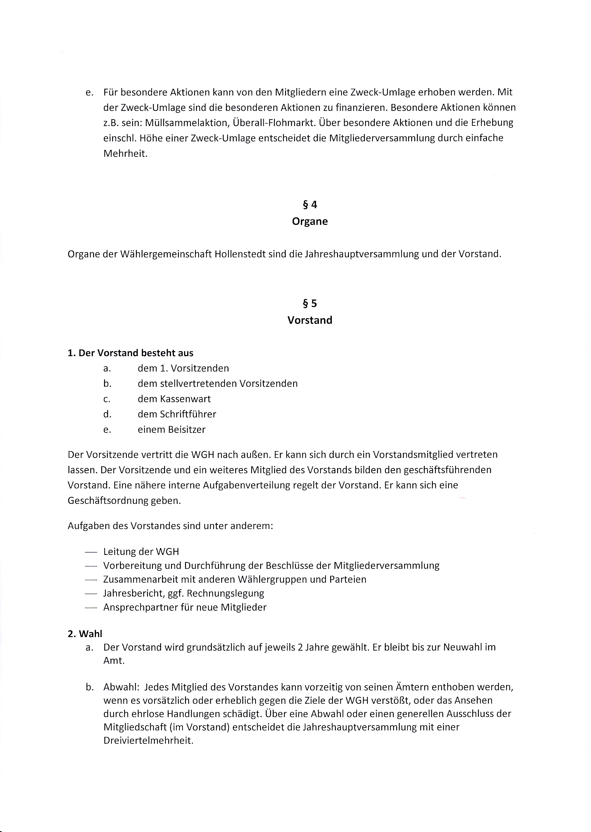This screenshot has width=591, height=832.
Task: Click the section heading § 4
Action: [310, 205]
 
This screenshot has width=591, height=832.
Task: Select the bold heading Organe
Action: [310, 222]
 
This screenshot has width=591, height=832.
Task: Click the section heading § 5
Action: [310, 303]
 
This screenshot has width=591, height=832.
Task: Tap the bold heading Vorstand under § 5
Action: [310, 320]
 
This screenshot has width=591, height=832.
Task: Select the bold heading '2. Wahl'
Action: [85, 634]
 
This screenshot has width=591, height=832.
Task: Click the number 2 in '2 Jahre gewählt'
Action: [300, 647]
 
